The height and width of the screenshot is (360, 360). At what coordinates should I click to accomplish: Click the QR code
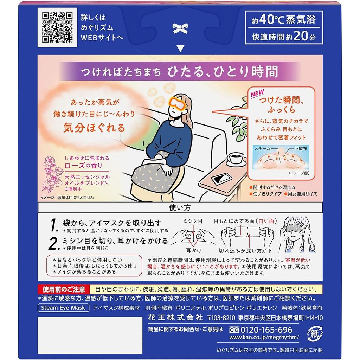[x=57, y=27]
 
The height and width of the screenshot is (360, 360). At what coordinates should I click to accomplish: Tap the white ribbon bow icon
[x=180, y=29]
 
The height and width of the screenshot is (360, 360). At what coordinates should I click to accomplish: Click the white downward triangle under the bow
[x=180, y=49]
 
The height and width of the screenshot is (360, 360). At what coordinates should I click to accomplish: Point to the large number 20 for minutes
[x=301, y=36]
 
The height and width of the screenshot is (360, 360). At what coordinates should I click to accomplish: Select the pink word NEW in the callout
[x=257, y=93]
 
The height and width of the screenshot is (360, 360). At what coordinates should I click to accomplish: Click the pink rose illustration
[x=53, y=173]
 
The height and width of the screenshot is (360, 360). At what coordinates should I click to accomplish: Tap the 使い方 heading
[x=180, y=207]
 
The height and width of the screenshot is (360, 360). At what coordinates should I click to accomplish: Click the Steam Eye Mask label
[x=63, y=308]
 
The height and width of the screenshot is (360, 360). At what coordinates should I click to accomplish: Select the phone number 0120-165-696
[x=266, y=330]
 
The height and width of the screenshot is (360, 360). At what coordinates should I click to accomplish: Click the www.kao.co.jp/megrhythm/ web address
[x=264, y=337]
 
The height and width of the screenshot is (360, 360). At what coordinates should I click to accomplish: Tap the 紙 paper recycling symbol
[x=315, y=334]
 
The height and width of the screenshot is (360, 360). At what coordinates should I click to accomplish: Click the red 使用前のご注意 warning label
[x=64, y=289]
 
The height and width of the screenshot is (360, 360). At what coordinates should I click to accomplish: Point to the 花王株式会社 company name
[x=176, y=317]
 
